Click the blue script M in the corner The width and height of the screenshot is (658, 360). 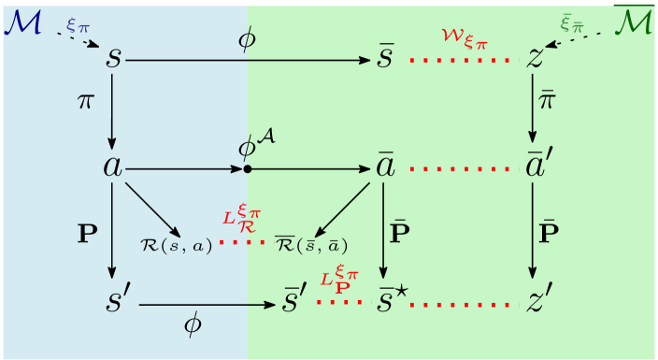click(21, 21)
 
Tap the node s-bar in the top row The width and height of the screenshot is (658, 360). click(385, 59)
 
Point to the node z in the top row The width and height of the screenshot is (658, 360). click(535, 59)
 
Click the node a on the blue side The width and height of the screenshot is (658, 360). click(113, 169)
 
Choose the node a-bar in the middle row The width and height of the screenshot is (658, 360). click(384, 168)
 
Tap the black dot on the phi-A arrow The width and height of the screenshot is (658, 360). click(247, 169)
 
